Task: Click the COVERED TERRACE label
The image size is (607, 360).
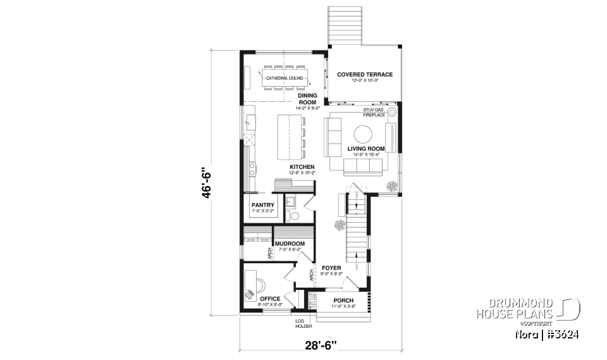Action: [365, 75]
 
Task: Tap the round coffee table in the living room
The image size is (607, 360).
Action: [362, 133]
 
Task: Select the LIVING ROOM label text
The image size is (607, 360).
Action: [366, 149]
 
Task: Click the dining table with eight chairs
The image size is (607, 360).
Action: [284, 78]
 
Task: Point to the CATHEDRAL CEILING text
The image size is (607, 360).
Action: [284, 78]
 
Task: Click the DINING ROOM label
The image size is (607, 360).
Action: [307, 99]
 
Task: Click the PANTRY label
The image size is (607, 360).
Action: [262, 205]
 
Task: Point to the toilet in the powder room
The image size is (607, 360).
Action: [293, 216]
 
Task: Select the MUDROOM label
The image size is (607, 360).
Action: [290, 244]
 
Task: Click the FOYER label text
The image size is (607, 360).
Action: [331, 268]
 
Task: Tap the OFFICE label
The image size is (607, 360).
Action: [269, 299]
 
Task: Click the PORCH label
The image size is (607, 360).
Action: [343, 300]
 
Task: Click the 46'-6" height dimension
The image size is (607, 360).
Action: [204, 183]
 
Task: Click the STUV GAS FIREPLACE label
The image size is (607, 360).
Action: [374, 113]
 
